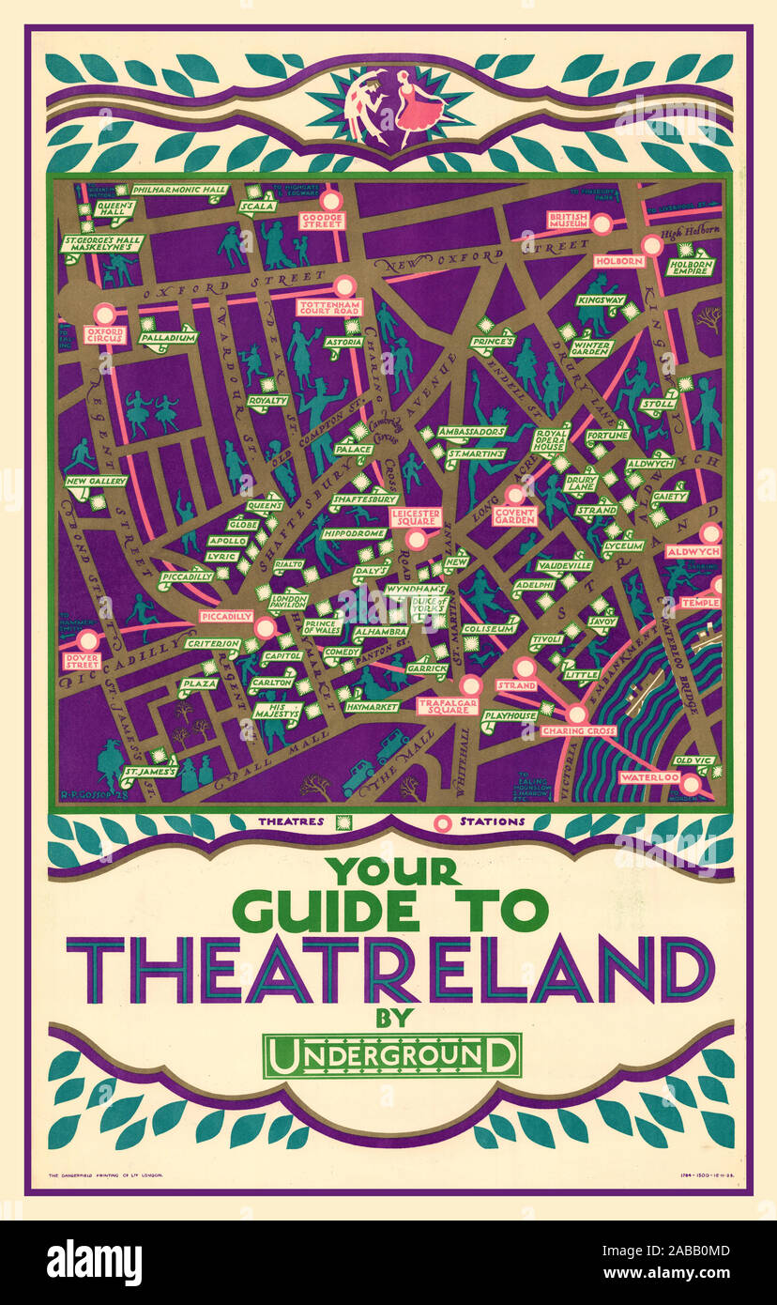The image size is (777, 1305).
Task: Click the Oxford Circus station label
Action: [104, 335]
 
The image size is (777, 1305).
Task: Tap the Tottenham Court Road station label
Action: [329, 307]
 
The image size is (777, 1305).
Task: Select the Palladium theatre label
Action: [169, 336]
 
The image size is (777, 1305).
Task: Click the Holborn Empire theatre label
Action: [691, 267]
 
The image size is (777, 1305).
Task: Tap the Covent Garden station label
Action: [515, 515]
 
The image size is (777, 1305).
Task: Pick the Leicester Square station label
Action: [416, 517]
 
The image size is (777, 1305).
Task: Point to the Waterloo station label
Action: [649, 778]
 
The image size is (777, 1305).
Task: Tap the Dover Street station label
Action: [83, 661]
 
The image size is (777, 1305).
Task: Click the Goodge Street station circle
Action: [330, 200]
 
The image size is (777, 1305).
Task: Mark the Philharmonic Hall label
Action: [179, 190]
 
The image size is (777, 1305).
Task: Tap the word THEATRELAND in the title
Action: [388, 970]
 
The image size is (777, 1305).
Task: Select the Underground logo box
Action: [391, 1054]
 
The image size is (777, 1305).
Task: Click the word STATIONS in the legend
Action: [492, 821]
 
